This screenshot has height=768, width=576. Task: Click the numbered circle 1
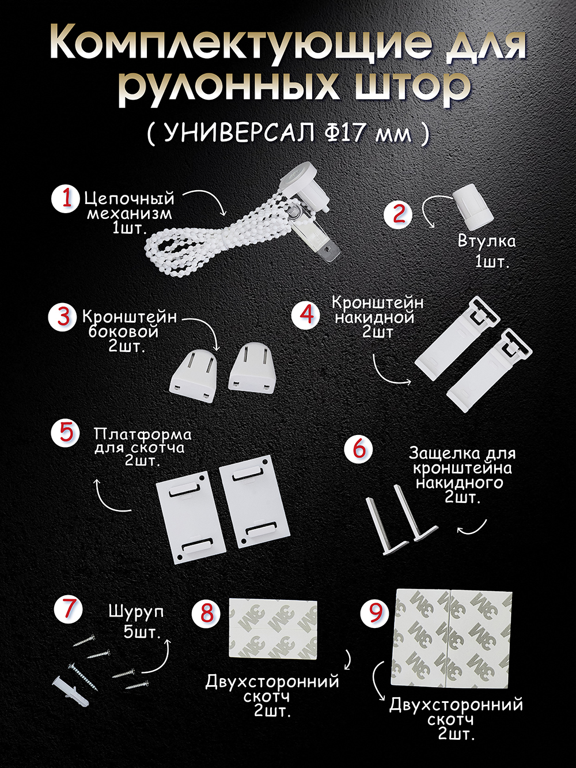[67, 199]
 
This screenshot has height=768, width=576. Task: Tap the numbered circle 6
[359, 449]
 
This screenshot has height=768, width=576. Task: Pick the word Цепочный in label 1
[129, 199]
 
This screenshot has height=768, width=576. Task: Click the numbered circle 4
[305, 314]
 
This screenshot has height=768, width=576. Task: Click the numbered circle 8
[206, 613]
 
